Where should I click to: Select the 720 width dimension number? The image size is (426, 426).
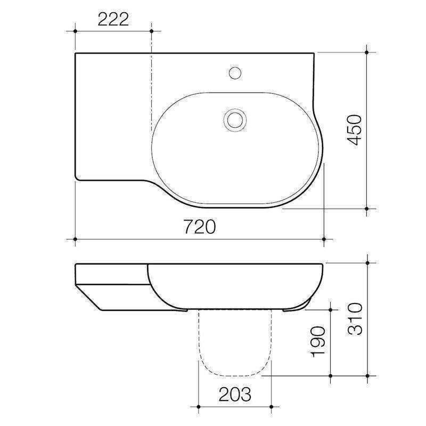click(x=200, y=227)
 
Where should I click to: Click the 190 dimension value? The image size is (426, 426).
click(x=318, y=341)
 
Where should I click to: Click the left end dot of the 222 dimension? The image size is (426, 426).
click(x=75, y=31)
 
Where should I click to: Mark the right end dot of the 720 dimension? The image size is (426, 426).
click(x=324, y=240)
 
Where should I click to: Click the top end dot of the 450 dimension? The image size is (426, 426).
click(x=367, y=52)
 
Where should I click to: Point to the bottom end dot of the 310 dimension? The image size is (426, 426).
click(x=367, y=375)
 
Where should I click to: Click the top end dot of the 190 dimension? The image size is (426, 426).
click(x=331, y=309)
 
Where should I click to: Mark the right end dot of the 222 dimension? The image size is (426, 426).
click(x=152, y=31)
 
